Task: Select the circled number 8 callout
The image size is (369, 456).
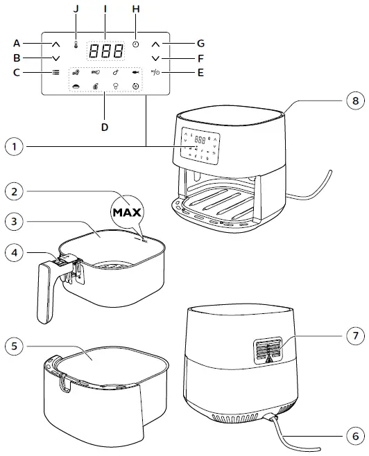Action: pos(354,100)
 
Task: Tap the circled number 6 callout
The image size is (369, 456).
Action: pos(354,436)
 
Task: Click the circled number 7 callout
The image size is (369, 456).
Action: pos(354,335)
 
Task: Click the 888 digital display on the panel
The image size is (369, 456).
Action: pos(105,51)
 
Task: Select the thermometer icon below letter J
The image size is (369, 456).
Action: pos(74,44)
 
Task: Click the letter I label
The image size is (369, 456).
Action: pos(105,9)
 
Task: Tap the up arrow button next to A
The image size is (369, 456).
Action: pos(55,44)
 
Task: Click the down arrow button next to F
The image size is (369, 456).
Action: pos(156,58)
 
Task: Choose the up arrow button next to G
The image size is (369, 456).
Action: pos(156,44)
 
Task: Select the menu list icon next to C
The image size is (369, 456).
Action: pos(55,72)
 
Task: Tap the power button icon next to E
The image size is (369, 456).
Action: pos(156,72)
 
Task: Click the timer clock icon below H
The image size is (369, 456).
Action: pos(136,44)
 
